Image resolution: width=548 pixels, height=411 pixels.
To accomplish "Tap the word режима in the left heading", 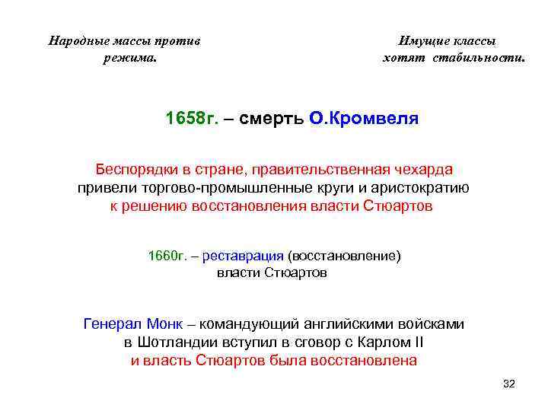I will (x=129, y=57).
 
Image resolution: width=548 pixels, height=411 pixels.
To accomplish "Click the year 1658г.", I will (x=193, y=119).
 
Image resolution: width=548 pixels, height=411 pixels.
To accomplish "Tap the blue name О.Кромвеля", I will (x=364, y=119).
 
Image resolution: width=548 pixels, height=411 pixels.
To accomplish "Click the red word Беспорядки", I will (x=132, y=169).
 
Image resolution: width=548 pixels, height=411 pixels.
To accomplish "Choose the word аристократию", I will (x=424, y=188).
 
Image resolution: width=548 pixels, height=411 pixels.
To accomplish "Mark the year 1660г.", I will (x=166, y=256).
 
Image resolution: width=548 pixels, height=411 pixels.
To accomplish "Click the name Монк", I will (x=161, y=323).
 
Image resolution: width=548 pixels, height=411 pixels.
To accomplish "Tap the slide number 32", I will (x=509, y=384).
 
